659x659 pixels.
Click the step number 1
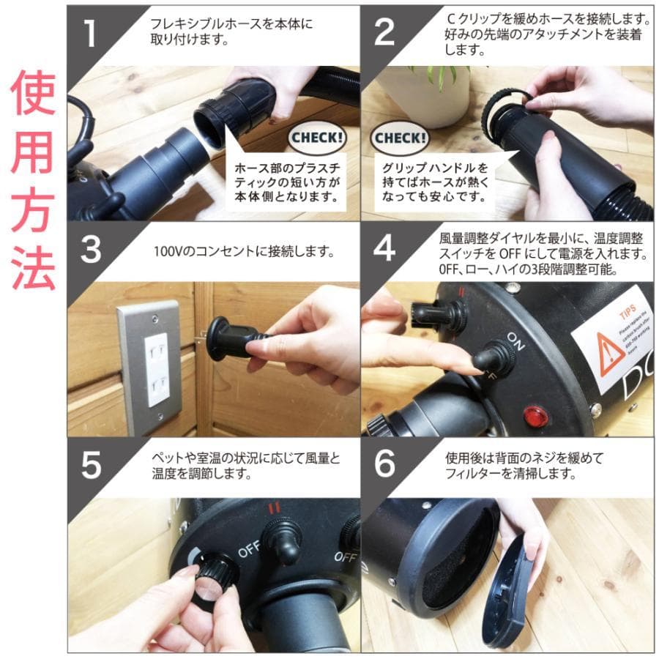coord(89,34)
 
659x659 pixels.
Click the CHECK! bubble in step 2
coord(400,137)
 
